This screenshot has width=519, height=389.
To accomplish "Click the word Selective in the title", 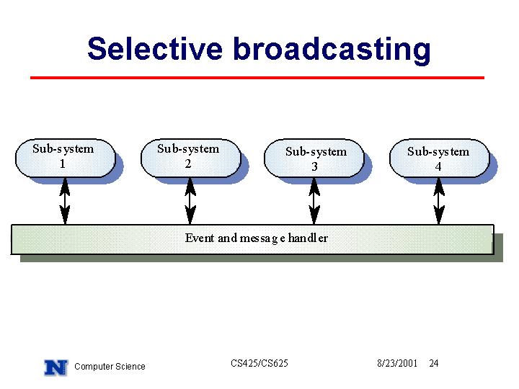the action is (155, 49).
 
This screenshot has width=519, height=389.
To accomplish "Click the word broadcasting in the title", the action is (332, 50).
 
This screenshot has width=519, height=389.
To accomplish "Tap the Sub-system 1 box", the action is (66, 158).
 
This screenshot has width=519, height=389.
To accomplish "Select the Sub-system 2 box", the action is (191, 158).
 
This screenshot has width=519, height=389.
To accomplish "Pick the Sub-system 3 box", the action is (314, 158).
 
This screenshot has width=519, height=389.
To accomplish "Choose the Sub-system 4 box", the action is (440, 158).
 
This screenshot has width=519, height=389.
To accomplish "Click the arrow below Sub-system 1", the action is (65, 201).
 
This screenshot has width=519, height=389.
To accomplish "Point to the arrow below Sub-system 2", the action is (190, 201).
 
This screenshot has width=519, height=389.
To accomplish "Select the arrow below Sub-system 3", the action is (314, 201).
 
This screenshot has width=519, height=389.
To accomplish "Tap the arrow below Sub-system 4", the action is (439, 201).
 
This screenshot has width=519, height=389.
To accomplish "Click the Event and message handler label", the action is (257, 238).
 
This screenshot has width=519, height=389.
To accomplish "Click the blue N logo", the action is (56, 367).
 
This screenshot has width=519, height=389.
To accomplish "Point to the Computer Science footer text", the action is (110, 367).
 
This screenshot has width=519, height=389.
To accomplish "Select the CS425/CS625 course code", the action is (259, 363).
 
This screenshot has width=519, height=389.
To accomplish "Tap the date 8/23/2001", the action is (397, 363).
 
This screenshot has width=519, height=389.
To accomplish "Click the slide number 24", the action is (434, 363).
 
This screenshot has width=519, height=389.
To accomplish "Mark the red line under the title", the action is (257, 78).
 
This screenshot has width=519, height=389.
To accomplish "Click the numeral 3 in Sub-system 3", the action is (314, 166).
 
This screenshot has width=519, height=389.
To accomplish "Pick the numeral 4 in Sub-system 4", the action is (438, 166).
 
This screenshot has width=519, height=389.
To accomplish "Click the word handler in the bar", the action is (309, 238).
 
